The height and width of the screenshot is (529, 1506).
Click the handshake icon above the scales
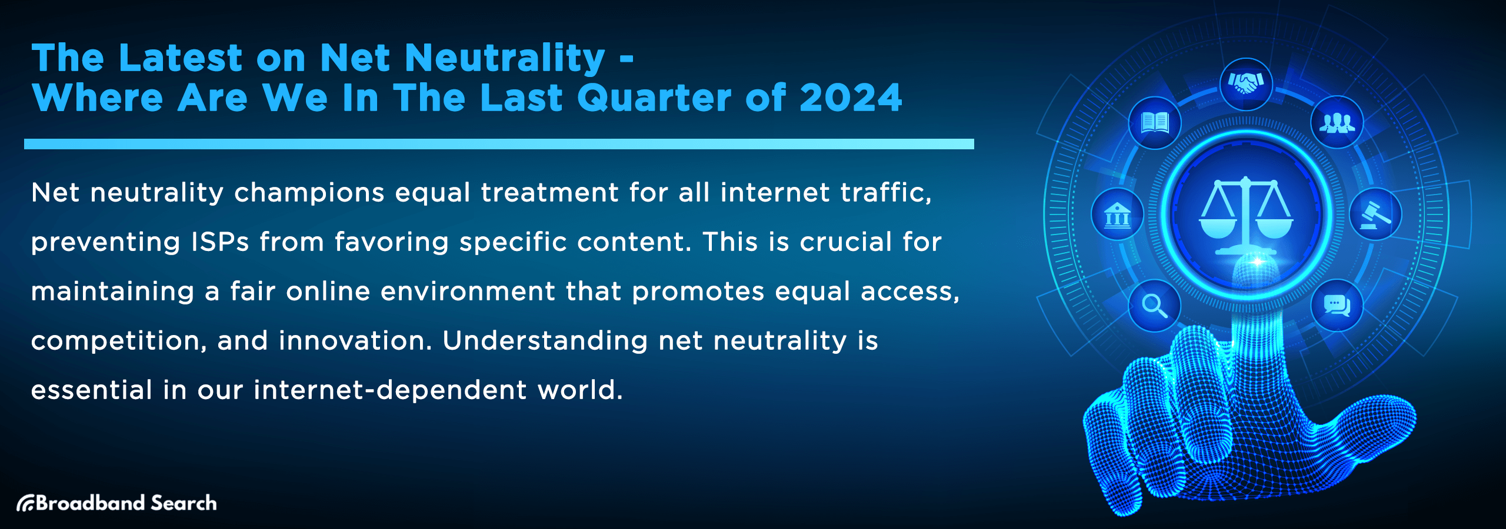(x=1246, y=84)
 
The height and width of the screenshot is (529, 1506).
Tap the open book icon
(x=1154, y=123)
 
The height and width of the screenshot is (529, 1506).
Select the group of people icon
(x=1337, y=122)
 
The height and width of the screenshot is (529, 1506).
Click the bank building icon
(x=1117, y=215)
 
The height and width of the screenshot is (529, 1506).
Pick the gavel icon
(x=1375, y=215)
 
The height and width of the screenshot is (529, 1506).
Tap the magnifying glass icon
(x=1154, y=306)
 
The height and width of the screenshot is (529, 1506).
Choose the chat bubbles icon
(x=1337, y=306)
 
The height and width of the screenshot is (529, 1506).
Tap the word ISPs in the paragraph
(x=220, y=242)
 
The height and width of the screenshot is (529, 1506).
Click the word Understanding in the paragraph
(x=545, y=341)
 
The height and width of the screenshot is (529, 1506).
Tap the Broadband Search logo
(x=116, y=503)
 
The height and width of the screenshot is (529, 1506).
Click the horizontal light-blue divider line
(x=499, y=144)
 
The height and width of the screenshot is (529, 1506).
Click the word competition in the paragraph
(x=115, y=341)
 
